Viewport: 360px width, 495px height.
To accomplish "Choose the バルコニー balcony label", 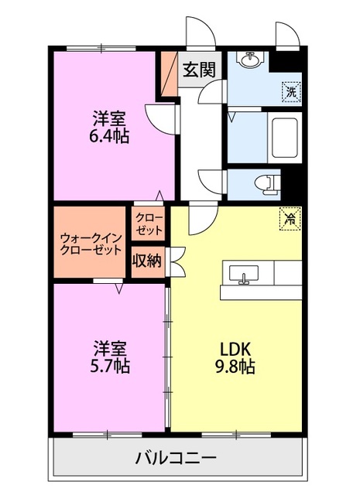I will click(x=177, y=459).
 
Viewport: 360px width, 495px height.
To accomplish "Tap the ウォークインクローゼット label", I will click(x=91, y=243).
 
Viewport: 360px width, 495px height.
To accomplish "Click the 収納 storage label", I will click(x=146, y=261).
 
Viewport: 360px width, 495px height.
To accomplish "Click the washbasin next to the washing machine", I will click(x=251, y=61).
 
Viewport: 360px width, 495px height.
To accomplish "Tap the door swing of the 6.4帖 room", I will click(x=161, y=118).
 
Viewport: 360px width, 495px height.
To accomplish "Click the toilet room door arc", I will click(x=213, y=180).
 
